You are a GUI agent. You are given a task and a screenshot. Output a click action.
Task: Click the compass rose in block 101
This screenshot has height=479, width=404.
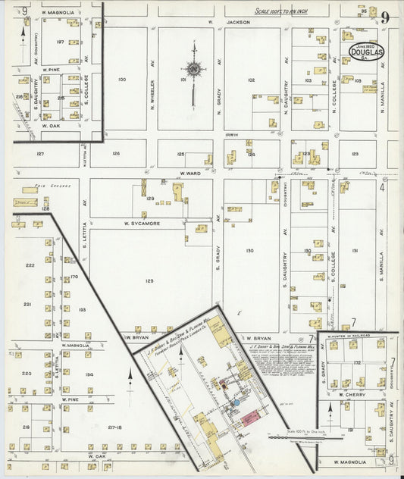coord(193,70)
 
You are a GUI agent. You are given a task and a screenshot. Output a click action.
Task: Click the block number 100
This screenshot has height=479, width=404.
coord(122,79)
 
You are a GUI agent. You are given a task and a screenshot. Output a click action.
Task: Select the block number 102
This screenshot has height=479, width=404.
coord(251,79)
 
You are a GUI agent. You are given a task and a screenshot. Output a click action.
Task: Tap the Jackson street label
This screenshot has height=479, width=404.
coord(239,23)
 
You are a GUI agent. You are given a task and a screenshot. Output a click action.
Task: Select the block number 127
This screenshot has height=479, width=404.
coord(40,154)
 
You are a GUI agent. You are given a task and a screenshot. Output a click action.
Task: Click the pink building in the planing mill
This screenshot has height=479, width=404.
coord(249,418)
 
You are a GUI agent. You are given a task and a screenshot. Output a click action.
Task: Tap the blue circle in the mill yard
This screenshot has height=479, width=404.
coord(235,402)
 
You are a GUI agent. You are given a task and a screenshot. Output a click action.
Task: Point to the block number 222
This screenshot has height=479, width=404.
coord(30,265)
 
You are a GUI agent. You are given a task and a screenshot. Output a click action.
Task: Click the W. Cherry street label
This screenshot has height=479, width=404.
coord(352,394)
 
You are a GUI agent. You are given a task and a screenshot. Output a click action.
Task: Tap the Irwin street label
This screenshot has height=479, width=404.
coord(231,135)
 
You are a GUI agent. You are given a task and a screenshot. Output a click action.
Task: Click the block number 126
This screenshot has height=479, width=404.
coord(115,154)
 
